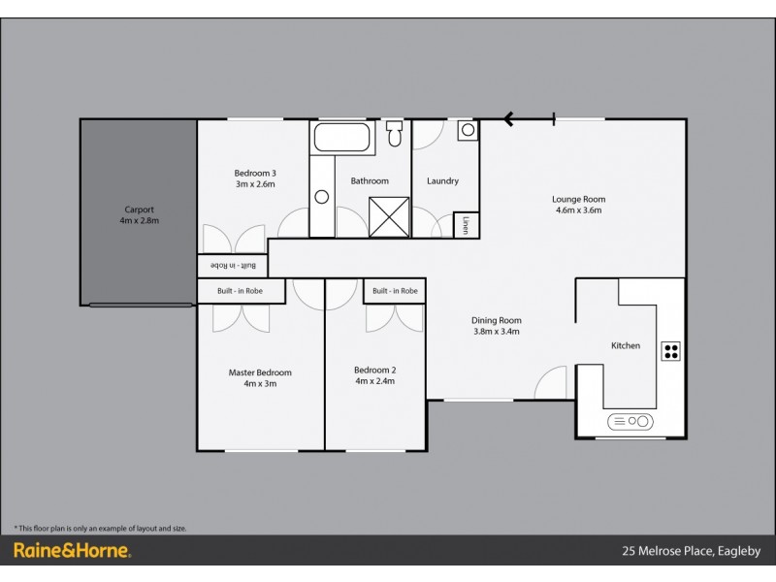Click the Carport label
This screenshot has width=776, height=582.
click(x=139, y=210)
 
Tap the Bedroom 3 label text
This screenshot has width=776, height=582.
click(x=255, y=174)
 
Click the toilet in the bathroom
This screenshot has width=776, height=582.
click(x=394, y=133)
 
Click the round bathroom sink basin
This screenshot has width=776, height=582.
click(x=322, y=197)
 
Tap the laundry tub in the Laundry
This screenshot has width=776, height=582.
click(x=468, y=130)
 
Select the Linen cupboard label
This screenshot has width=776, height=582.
click(x=467, y=224)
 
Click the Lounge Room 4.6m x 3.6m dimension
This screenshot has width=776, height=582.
click(x=579, y=210)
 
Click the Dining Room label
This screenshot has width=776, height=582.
click(x=497, y=321)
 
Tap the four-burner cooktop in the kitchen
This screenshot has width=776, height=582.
click(x=670, y=351)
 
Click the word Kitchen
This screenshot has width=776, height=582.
click(x=625, y=345)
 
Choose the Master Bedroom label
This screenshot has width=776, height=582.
click(x=260, y=372)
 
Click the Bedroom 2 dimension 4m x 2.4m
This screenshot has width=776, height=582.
click(x=374, y=381)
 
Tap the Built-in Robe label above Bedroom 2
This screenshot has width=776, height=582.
click(x=395, y=290)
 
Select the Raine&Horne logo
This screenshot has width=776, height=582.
click(x=72, y=551)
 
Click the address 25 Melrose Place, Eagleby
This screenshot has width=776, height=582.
click(x=691, y=551)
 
